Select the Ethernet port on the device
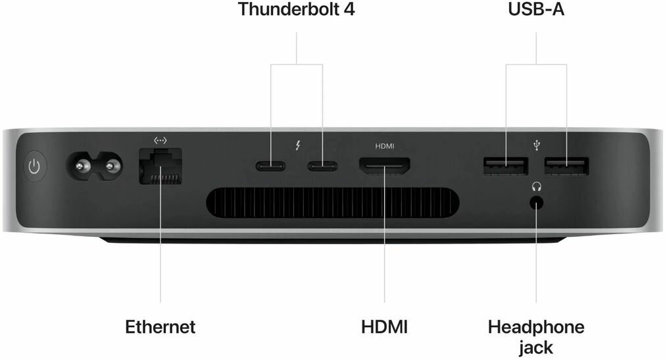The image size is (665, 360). pyautogui.click(x=160, y=168)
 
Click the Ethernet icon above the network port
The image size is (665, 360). pyautogui.click(x=160, y=140)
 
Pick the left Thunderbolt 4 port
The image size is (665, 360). pyautogui.click(x=270, y=166)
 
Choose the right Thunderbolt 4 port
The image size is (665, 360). pyautogui.click(x=322, y=166)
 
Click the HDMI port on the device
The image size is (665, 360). pyautogui.click(x=384, y=167)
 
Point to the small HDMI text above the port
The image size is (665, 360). pyautogui.click(x=384, y=145)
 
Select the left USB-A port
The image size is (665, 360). pyautogui.click(x=505, y=166)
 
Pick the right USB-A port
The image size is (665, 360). pyautogui.click(x=566, y=166)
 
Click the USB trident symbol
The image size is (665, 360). pyautogui.click(x=537, y=145)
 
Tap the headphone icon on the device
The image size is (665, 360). pyautogui.click(x=536, y=187)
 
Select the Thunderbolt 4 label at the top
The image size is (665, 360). pyautogui.click(x=296, y=10)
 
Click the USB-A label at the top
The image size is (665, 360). pyautogui.click(x=536, y=10)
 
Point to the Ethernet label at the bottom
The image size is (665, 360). pyautogui.click(x=160, y=326)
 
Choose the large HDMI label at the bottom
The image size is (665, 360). pyautogui.click(x=384, y=326)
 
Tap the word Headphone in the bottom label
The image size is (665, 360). pyautogui.click(x=536, y=326)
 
